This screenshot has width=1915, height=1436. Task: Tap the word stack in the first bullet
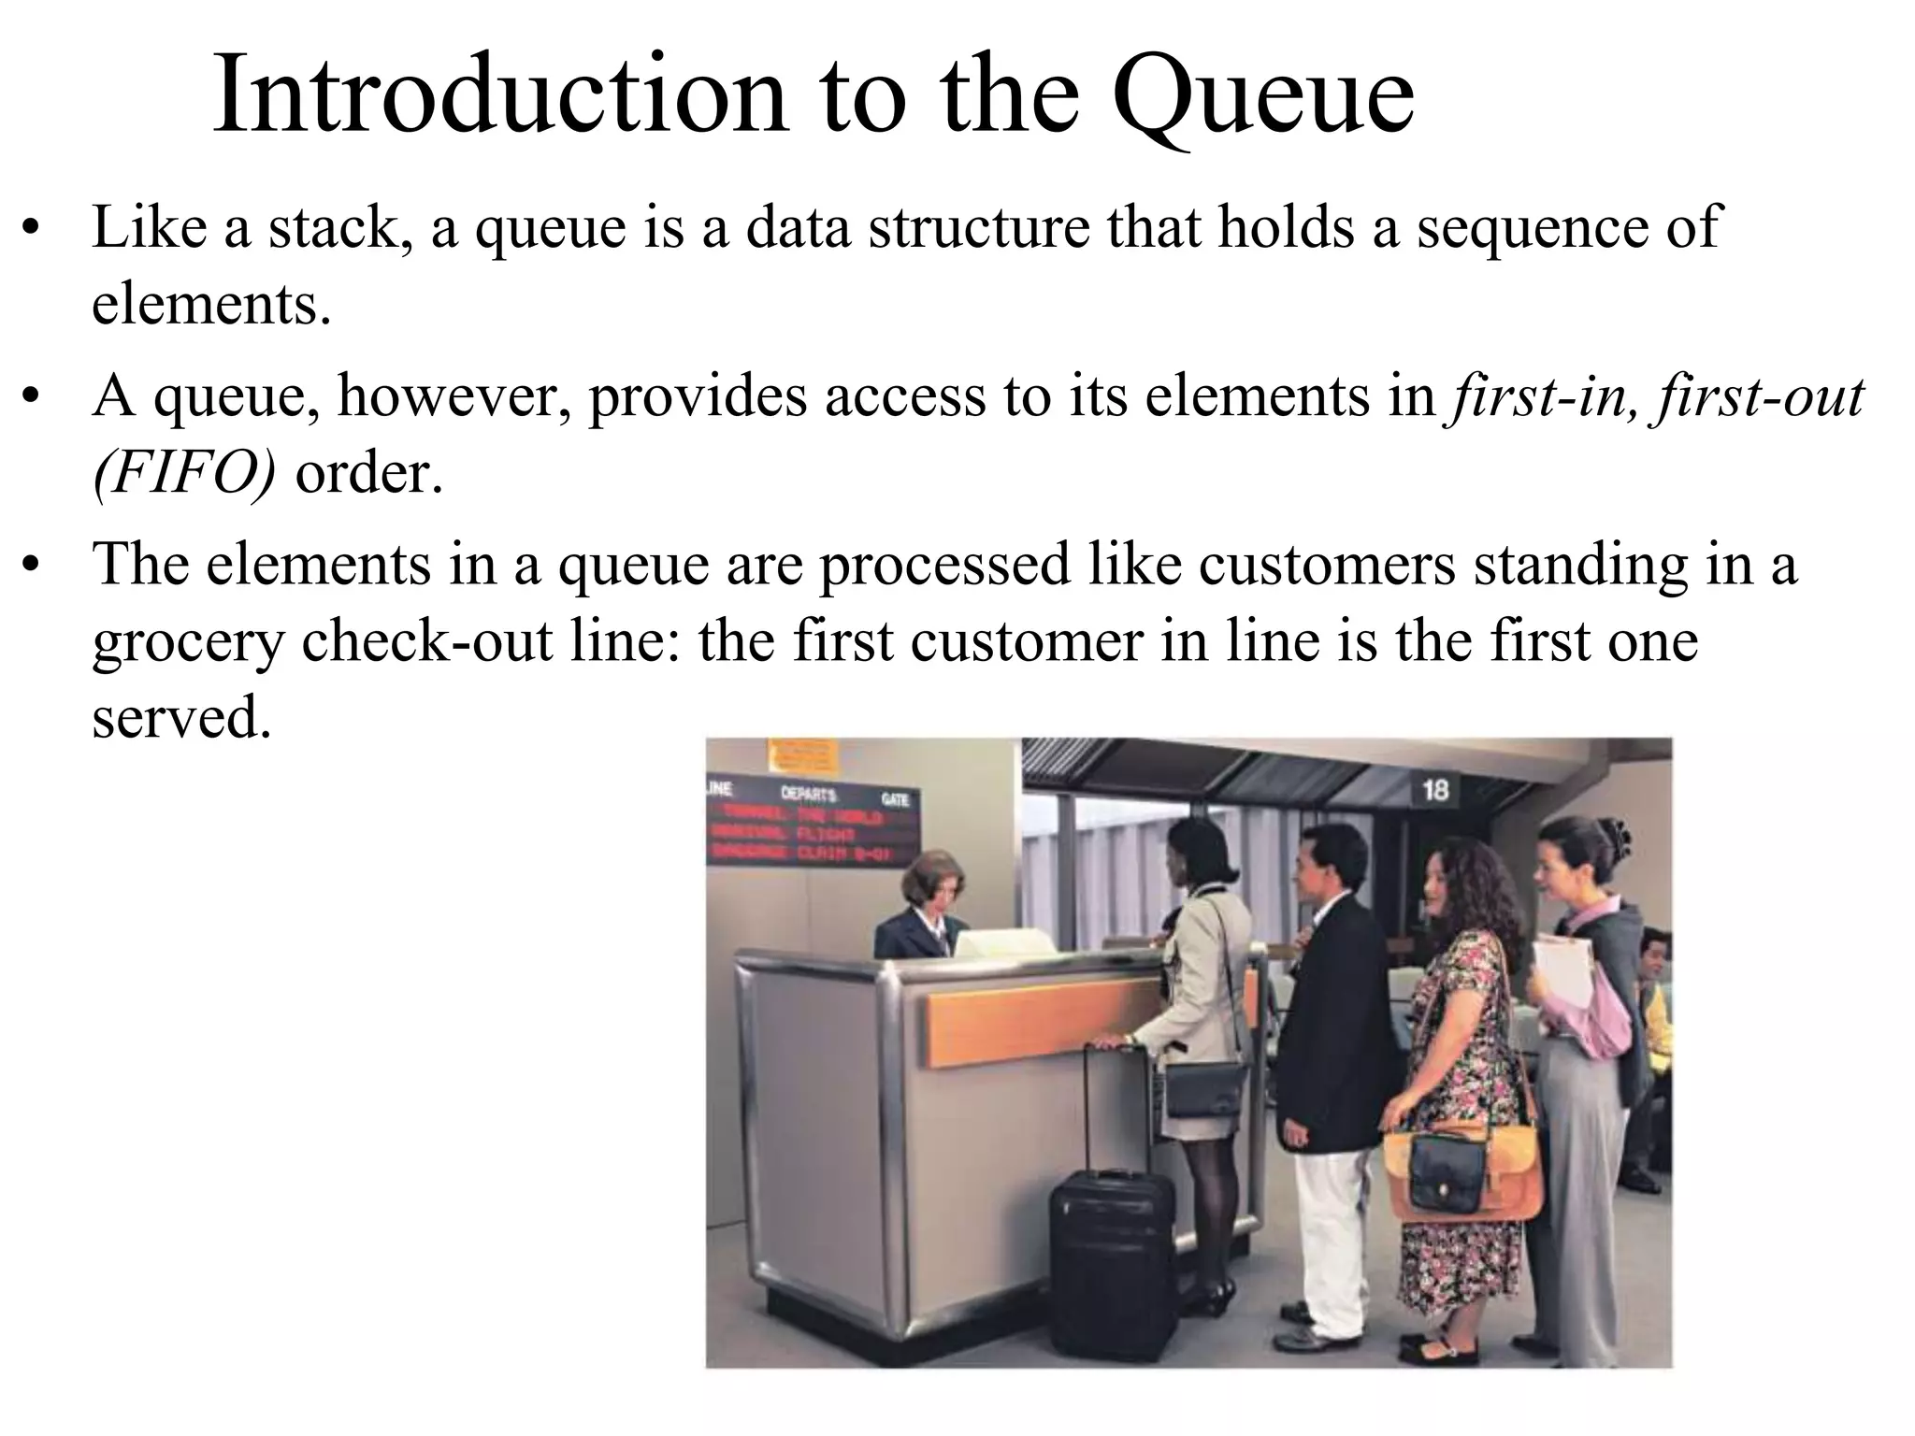pyautogui.click(x=332, y=227)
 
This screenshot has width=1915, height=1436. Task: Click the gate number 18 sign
pyautogui.click(x=1434, y=790)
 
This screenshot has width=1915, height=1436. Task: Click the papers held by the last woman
pyautogui.click(x=1562, y=972)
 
